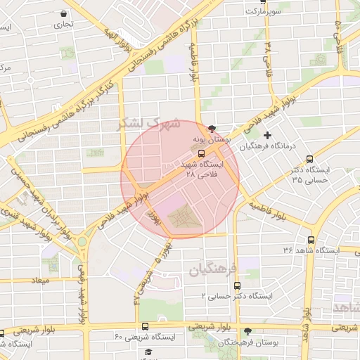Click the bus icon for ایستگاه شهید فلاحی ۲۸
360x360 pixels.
pyautogui.click(x=202, y=153)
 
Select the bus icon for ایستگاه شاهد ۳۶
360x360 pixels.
pyautogui.click(x=311, y=240)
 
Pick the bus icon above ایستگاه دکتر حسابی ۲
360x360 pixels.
pyautogui.click(x=237, y=286)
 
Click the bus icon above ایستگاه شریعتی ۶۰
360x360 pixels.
pyautogui.click(x=145, y=326)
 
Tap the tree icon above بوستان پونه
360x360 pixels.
pyautogui.click(x=212, y=128)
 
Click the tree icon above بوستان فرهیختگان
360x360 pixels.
pyautogui.click(x=246, y=331)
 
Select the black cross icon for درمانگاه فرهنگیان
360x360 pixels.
pyautogui.click(x=266, y=135)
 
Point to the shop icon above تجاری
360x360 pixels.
pyautogui.click(x=65, y=13)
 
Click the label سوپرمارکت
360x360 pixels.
pyautogui.click(x=262, y=12)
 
